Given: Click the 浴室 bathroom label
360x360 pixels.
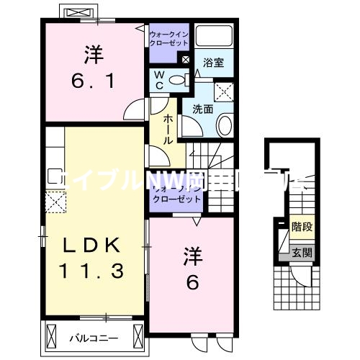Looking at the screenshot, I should tap(213, 63).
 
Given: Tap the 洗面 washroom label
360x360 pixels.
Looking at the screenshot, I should tap(202, 110).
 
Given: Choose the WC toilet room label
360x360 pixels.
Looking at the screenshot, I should tap(158, 80).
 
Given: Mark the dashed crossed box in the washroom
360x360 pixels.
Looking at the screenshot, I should tap(224, 90).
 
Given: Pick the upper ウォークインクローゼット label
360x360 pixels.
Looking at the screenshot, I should tap(168, 37).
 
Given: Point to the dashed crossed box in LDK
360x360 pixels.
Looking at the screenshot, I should tap(53, 202).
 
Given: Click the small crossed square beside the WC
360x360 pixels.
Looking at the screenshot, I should tap(186, 60).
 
